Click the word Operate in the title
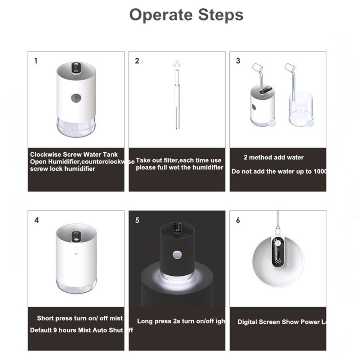(x=161, y=15)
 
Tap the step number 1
(x=35, y=61)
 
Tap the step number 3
(x=238, y=61)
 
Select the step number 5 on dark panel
(x=137, y=220)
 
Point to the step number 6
(x=238, y=220)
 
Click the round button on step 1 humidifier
(x=76, y=98)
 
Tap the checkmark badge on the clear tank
(x=311, y=123)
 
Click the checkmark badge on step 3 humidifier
(x=273, y=123)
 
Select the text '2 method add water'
(x=274, y=157)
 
